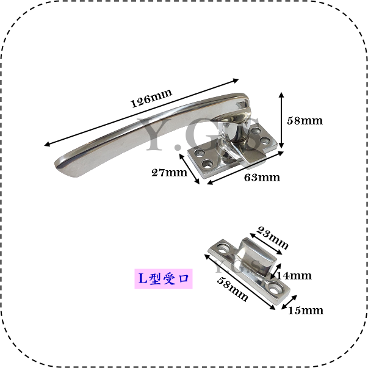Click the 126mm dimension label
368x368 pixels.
pos(151,98)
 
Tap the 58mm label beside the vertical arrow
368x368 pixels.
pos(305,121)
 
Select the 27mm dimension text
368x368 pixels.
pos(169,173)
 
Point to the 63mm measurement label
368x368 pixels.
pos(262,178)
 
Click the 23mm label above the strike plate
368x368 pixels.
pos(272,237)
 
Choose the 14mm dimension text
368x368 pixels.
pos(294,275)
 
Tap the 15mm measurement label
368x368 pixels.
pos(306,310)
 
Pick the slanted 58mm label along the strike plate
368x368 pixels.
pos(232,289)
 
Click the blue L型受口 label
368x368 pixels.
pos(164,278)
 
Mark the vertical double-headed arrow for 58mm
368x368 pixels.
pos(281,120)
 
